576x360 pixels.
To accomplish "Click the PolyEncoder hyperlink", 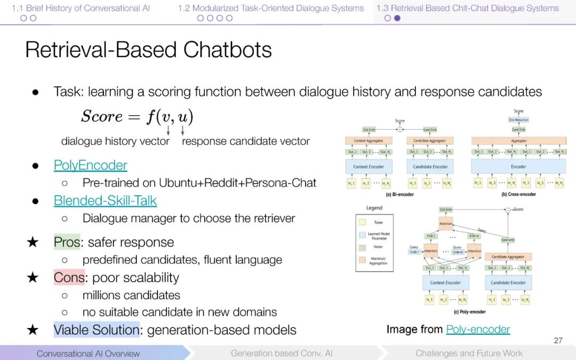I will pyautogui.click(x=90, y=165).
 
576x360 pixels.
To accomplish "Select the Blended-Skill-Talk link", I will pyautogui.click(x=105, y=201).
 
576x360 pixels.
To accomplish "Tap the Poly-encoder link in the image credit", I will pyautogui.click(x=478, y=330).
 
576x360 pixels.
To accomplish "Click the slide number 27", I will pyautogui.click(x=558, y=340).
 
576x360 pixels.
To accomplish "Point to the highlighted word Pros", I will pyautogui.click(x=67, y=242).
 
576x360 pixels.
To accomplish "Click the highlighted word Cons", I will pyautogui.click(x=69, y=277).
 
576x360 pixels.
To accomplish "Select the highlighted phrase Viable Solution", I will pyautogui.click(x=96, y=330).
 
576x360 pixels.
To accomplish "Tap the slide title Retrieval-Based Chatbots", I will pyautogui.click(x=148, y=50).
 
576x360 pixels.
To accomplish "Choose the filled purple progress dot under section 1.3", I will pyautogui.click(x=397, y=18).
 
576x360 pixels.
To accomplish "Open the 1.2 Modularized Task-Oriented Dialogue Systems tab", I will pyautogui.click(x=271, y=8).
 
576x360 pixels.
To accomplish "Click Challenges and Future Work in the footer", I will pyautogui.click(x=469, y=353).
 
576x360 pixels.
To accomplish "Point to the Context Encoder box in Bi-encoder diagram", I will pyautogui.click(x=368, y=166).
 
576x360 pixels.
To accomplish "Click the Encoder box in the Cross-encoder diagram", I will pyautogui.click(x=518, y=166).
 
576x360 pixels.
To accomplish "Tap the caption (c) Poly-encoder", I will pyautogui.click(x=469, y=311).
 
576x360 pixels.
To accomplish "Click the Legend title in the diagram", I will pyautogui.click(x=374, y=207).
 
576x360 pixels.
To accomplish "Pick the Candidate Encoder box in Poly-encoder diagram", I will pyautogui.click(x=508, y=283).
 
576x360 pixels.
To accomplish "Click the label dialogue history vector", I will pyautogui.click(x=115, y=141).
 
